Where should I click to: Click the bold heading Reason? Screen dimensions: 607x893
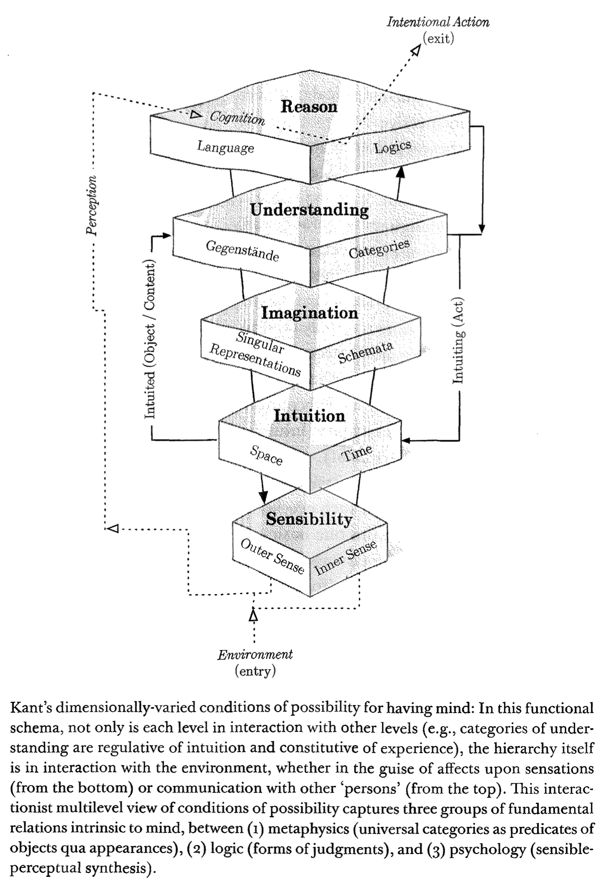309,106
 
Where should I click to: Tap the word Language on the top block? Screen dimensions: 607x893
225,147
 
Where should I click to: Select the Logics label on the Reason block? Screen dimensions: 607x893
393,146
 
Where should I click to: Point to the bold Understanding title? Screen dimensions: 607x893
309,210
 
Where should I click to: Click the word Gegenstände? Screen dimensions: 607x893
242,251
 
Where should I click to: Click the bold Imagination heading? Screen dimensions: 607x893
310,313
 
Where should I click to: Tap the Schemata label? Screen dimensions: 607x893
365,351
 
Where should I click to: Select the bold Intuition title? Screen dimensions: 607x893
309,416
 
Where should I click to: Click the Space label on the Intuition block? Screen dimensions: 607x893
266,455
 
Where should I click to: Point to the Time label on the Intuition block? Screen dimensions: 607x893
357,452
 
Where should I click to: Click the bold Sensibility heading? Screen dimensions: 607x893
309,519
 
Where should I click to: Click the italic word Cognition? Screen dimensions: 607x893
238,118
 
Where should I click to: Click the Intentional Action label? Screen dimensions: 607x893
438,22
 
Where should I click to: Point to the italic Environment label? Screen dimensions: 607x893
255,655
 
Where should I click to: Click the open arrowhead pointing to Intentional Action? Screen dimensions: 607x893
416,50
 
